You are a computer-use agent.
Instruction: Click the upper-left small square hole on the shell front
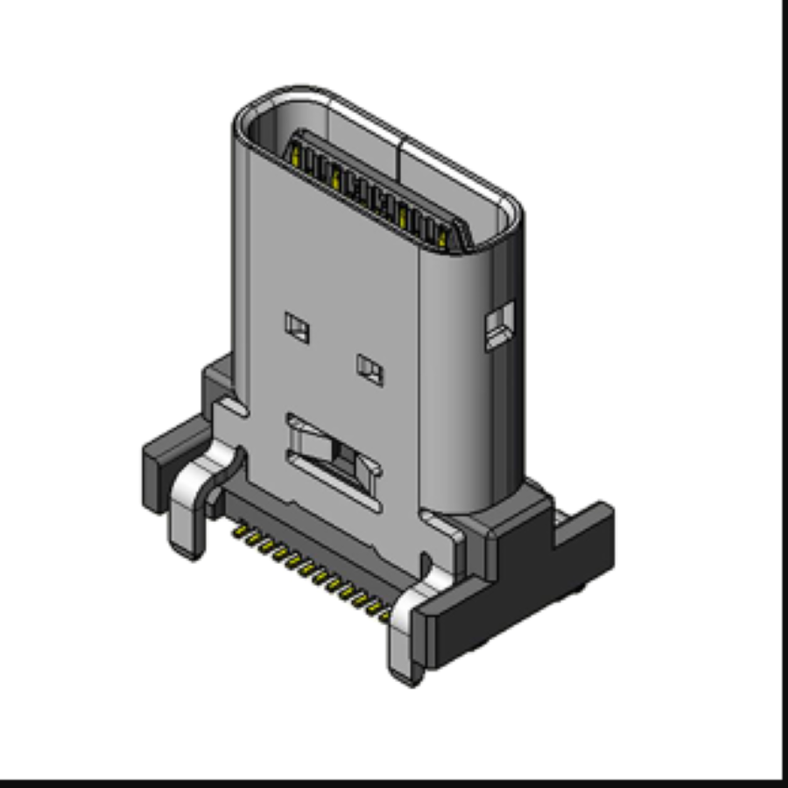point(298,327)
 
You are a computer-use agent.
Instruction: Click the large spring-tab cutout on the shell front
point(335,458)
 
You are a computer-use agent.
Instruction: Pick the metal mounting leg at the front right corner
point(405,639)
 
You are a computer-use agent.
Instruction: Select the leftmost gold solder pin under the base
point(236,531)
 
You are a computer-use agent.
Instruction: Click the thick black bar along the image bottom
point(394,782)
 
